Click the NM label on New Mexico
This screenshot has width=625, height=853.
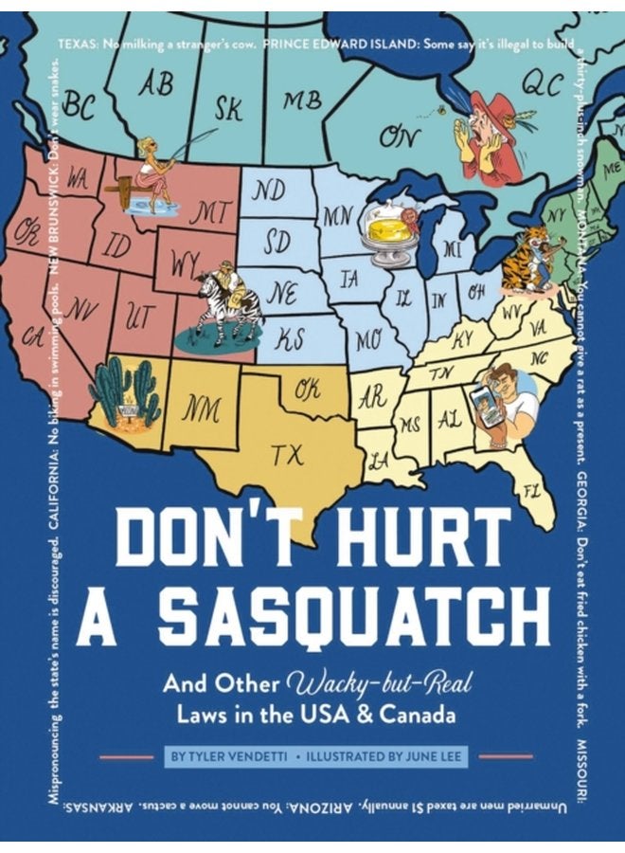coord(202,410)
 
